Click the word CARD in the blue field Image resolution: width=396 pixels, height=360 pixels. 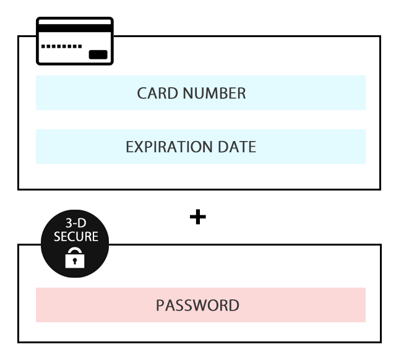[x=158, y=93]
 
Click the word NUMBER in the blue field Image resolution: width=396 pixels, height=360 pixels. [x=214, y=93]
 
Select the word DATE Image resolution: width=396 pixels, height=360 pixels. [x=237, y=147]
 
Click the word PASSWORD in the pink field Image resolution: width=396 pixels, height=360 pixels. [x=197, y=306]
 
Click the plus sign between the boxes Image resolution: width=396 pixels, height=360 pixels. [x=198, y=217]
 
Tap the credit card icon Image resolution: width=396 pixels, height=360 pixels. [x=75, y=41]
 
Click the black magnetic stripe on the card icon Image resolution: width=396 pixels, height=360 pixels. [x=75, y=28]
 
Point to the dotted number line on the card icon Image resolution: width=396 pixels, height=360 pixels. [x=62, y=46]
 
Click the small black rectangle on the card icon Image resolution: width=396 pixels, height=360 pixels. [x=98, y=54]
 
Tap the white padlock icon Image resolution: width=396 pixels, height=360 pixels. [x=75, y=257]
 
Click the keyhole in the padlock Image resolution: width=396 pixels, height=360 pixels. [x=75, y=261]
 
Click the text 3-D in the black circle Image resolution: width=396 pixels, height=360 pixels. [x=75, y=223]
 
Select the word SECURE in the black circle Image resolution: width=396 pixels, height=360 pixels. [x=76, y=236]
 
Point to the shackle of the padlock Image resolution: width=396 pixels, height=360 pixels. [x=75, y=249]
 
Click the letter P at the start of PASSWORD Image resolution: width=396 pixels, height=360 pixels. [x=160, y=306]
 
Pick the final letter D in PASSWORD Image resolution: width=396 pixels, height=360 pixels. [x=234, y=306]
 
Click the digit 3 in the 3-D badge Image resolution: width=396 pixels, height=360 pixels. [x=69, y=223]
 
